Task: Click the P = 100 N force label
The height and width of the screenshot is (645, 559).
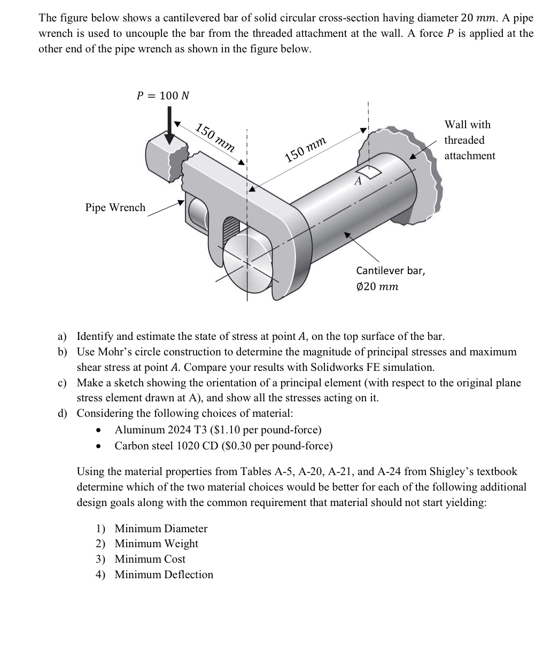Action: pos(163,96)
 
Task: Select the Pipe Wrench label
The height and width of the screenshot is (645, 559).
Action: pos(115,207)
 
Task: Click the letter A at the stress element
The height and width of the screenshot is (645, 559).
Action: pos(358,181)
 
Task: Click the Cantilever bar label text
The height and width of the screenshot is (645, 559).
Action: pos(391,270)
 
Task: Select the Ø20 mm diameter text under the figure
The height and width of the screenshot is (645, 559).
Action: pos(377,286)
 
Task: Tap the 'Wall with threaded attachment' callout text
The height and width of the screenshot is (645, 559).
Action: pos(469,140)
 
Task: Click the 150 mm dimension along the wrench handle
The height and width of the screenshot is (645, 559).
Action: pos(215,137)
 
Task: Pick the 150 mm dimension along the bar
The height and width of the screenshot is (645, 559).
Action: pos(306,149)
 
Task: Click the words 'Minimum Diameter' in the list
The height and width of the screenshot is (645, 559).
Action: pos(161,529)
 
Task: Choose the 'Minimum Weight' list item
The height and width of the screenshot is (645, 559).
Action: pos(156,543)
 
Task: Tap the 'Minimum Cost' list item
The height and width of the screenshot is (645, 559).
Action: pos(150,559)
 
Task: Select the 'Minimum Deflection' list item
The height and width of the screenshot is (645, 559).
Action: pos(164,574)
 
